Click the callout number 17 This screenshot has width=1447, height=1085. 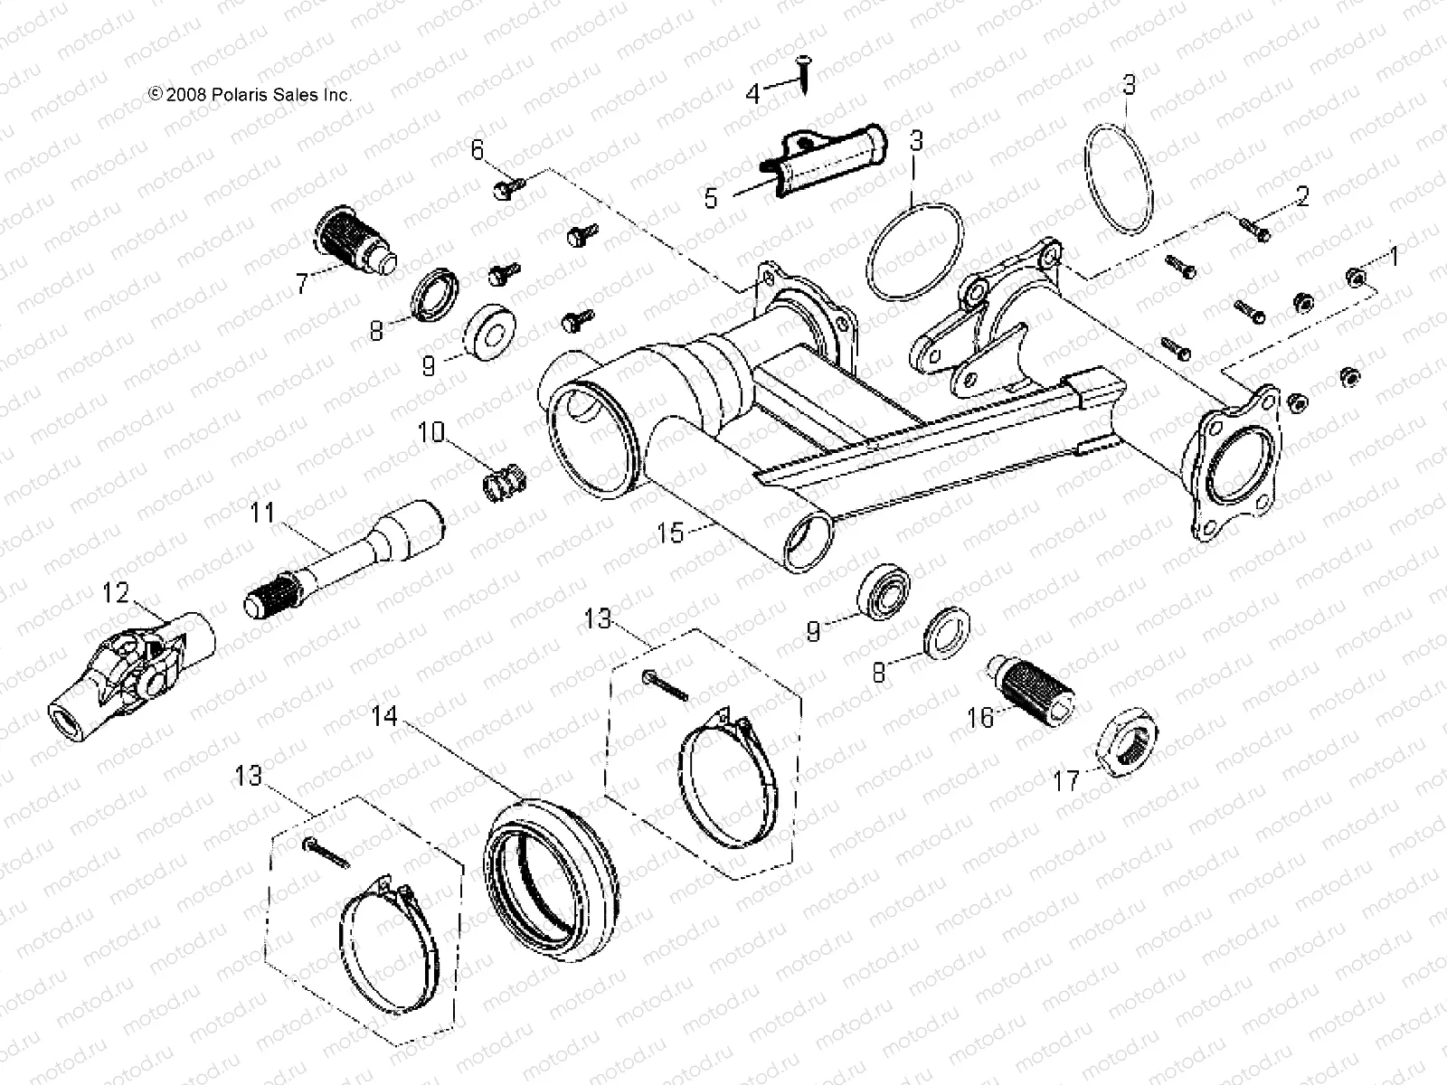tap(1067, 779)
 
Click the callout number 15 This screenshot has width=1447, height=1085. tap(671, 533)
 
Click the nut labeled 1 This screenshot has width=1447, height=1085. tap(1354, 277)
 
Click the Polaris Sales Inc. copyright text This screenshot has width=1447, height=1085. tap(250, 94)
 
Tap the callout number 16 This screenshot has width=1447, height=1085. tap(980, 718)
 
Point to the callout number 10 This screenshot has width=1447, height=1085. tap(431, 432)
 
